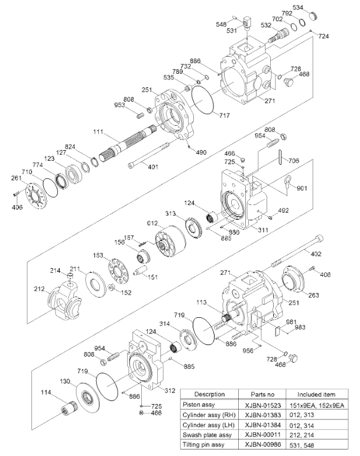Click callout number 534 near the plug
click(315, 8)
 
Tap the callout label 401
click(153, 167)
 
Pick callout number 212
click(39, 289)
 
